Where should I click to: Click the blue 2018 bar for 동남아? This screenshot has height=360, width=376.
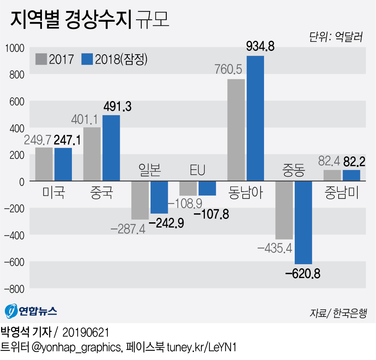(255, 118)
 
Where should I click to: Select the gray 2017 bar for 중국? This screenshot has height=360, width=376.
(92, 154)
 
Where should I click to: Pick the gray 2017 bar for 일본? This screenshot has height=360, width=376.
(140, 200)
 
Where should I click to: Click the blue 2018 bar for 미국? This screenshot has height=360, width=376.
(63, 165)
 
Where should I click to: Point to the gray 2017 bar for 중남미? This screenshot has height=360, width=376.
(332, 176)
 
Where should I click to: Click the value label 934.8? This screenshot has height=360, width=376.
(260, 46)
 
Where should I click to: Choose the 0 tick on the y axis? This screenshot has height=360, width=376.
(21, 181)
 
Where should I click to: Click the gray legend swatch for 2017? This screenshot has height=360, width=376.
(41, 59)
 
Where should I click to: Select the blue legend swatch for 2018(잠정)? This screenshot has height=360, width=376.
(87, 59)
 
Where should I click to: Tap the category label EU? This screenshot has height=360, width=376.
(197, 171)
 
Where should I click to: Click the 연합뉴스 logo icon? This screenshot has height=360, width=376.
(11, 310)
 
